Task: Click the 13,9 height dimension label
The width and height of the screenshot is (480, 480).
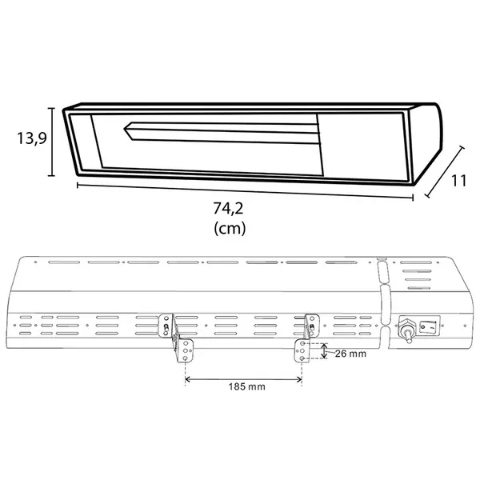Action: (32, 138)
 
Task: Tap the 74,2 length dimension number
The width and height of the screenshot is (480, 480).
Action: (228, 208)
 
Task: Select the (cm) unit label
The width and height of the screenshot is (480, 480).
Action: (230, 228)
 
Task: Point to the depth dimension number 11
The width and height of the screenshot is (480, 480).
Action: (459, 181)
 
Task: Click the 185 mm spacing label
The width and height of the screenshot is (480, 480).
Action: (246, 386)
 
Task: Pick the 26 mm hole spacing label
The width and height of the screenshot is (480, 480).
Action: (350, 354)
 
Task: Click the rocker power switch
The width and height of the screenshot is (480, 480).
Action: (427, 327)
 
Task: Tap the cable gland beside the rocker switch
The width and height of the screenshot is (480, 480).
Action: (406, 330)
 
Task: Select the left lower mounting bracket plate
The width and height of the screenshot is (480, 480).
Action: (186, 351)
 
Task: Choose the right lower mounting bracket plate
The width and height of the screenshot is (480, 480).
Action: (302, 351)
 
